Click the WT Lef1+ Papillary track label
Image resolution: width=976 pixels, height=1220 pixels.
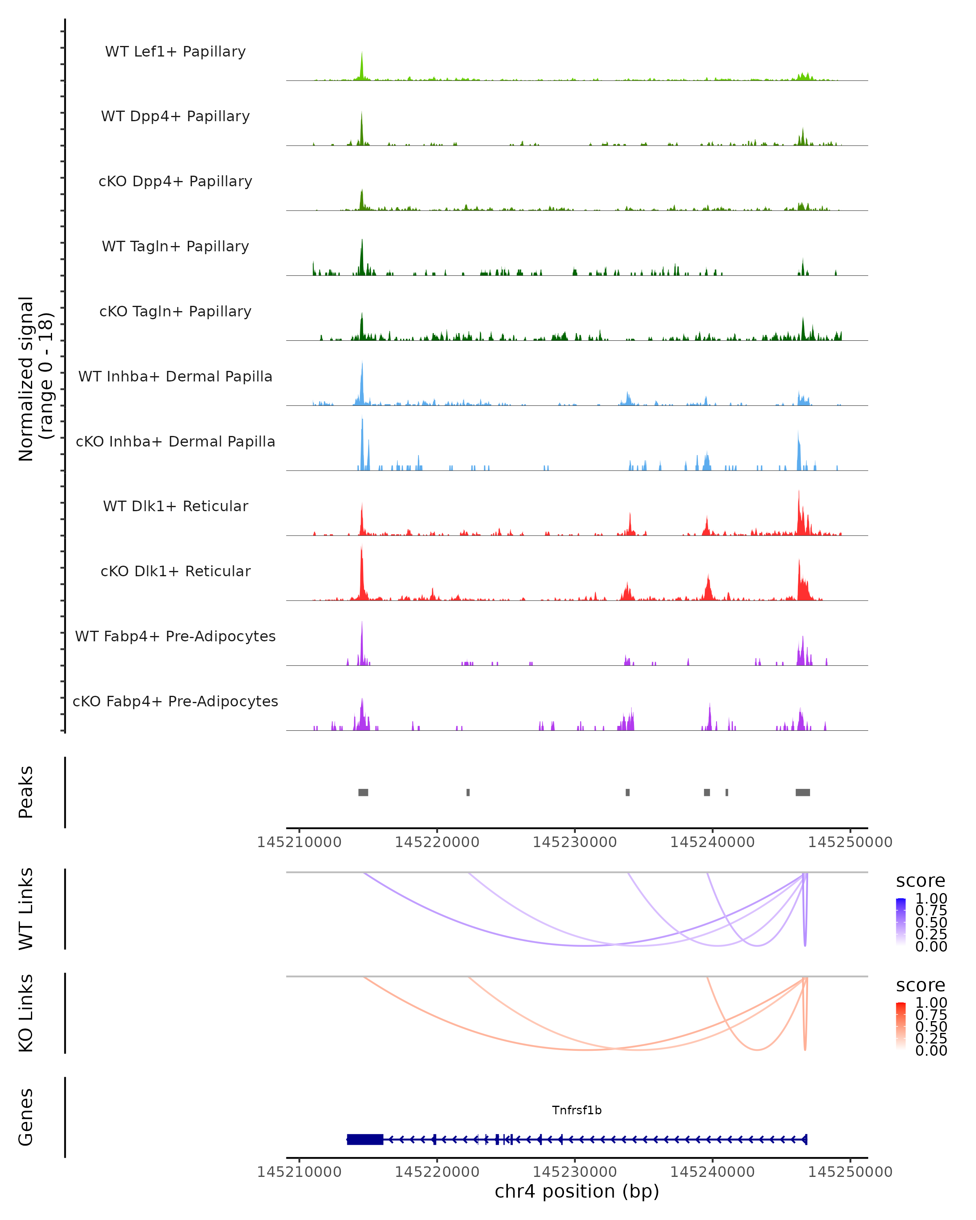coord(175,52)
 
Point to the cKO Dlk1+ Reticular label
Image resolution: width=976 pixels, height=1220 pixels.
coord(175,571)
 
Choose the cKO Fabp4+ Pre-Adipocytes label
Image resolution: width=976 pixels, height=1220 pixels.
coord(175,701)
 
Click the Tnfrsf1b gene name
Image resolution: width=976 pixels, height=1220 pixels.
coord(577,1110)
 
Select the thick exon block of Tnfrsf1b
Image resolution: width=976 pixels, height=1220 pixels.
coord(365,1139)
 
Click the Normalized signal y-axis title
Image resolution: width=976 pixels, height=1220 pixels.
coord(35,379)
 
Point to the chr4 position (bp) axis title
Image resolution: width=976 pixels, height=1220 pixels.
coord(577,1192)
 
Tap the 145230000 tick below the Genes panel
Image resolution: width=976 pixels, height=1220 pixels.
coord(575,1172)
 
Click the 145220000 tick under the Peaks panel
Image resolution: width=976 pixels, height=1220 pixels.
coord(437,842)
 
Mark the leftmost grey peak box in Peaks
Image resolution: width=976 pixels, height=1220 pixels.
coord(363,792)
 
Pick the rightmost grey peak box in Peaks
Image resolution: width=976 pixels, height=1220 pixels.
coord(802,792)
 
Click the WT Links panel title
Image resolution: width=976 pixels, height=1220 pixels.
coord(26,909)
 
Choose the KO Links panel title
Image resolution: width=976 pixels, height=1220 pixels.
coord(26,1013)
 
